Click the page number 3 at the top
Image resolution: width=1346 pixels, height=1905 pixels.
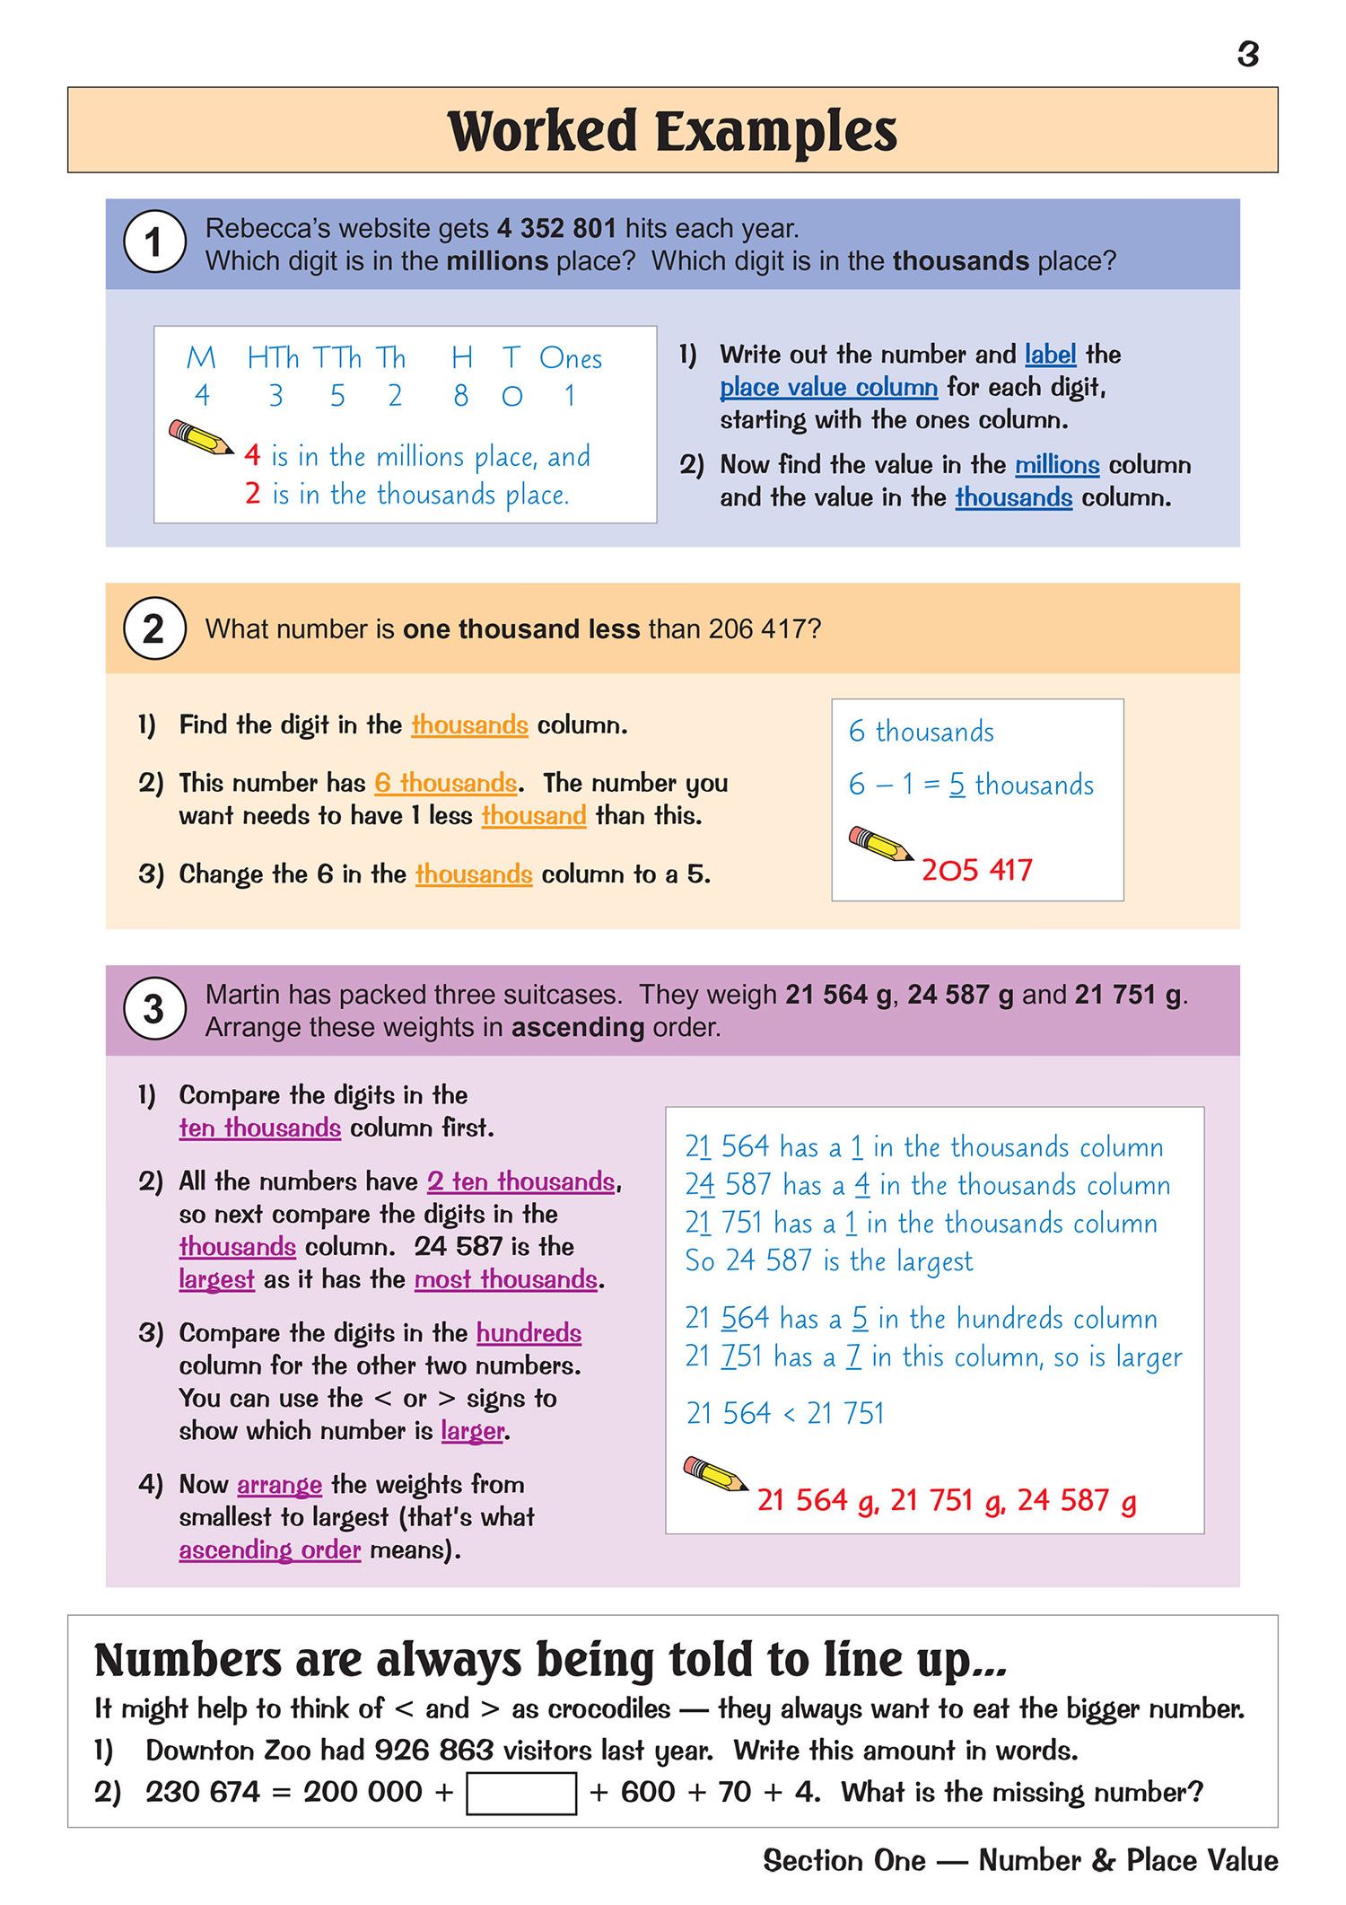click(x=1247, y=55)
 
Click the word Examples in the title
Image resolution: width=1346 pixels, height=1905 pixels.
click(x=775, y=132)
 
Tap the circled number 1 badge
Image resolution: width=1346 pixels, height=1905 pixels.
click(x=154, y=242)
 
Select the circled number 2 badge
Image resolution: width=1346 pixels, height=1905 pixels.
click(x=154, y=628)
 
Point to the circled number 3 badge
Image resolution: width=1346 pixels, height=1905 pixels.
click(x=154, y=1009)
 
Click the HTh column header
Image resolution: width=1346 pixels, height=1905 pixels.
click(x=273, y=358)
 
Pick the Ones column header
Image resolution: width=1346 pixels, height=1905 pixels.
click(x=571, y=359)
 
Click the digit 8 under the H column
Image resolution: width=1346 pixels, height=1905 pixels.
click(x=461, y=396)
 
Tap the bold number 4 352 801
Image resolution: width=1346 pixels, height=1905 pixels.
click(x=556, y=229)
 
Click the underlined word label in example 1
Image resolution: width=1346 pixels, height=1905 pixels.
click(x=1050, y=355)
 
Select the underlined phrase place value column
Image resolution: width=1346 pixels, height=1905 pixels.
click(x=828, y=387)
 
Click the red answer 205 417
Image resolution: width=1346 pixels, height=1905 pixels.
click(x=976, y=870)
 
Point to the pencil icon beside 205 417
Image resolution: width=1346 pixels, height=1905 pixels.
click(x=880, y=844)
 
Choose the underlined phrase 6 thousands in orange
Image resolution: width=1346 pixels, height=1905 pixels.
click(x=446, y=783)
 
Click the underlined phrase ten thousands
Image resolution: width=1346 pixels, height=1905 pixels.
click(x=259, y=1128)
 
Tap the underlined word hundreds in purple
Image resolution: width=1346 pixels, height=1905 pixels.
click(x=529, y=1333)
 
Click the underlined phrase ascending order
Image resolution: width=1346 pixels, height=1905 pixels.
click(x=269, y=1550)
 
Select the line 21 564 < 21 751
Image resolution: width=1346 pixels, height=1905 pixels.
click(x=785, y=1413)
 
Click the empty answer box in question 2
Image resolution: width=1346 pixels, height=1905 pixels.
click(x=521, y=1793)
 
